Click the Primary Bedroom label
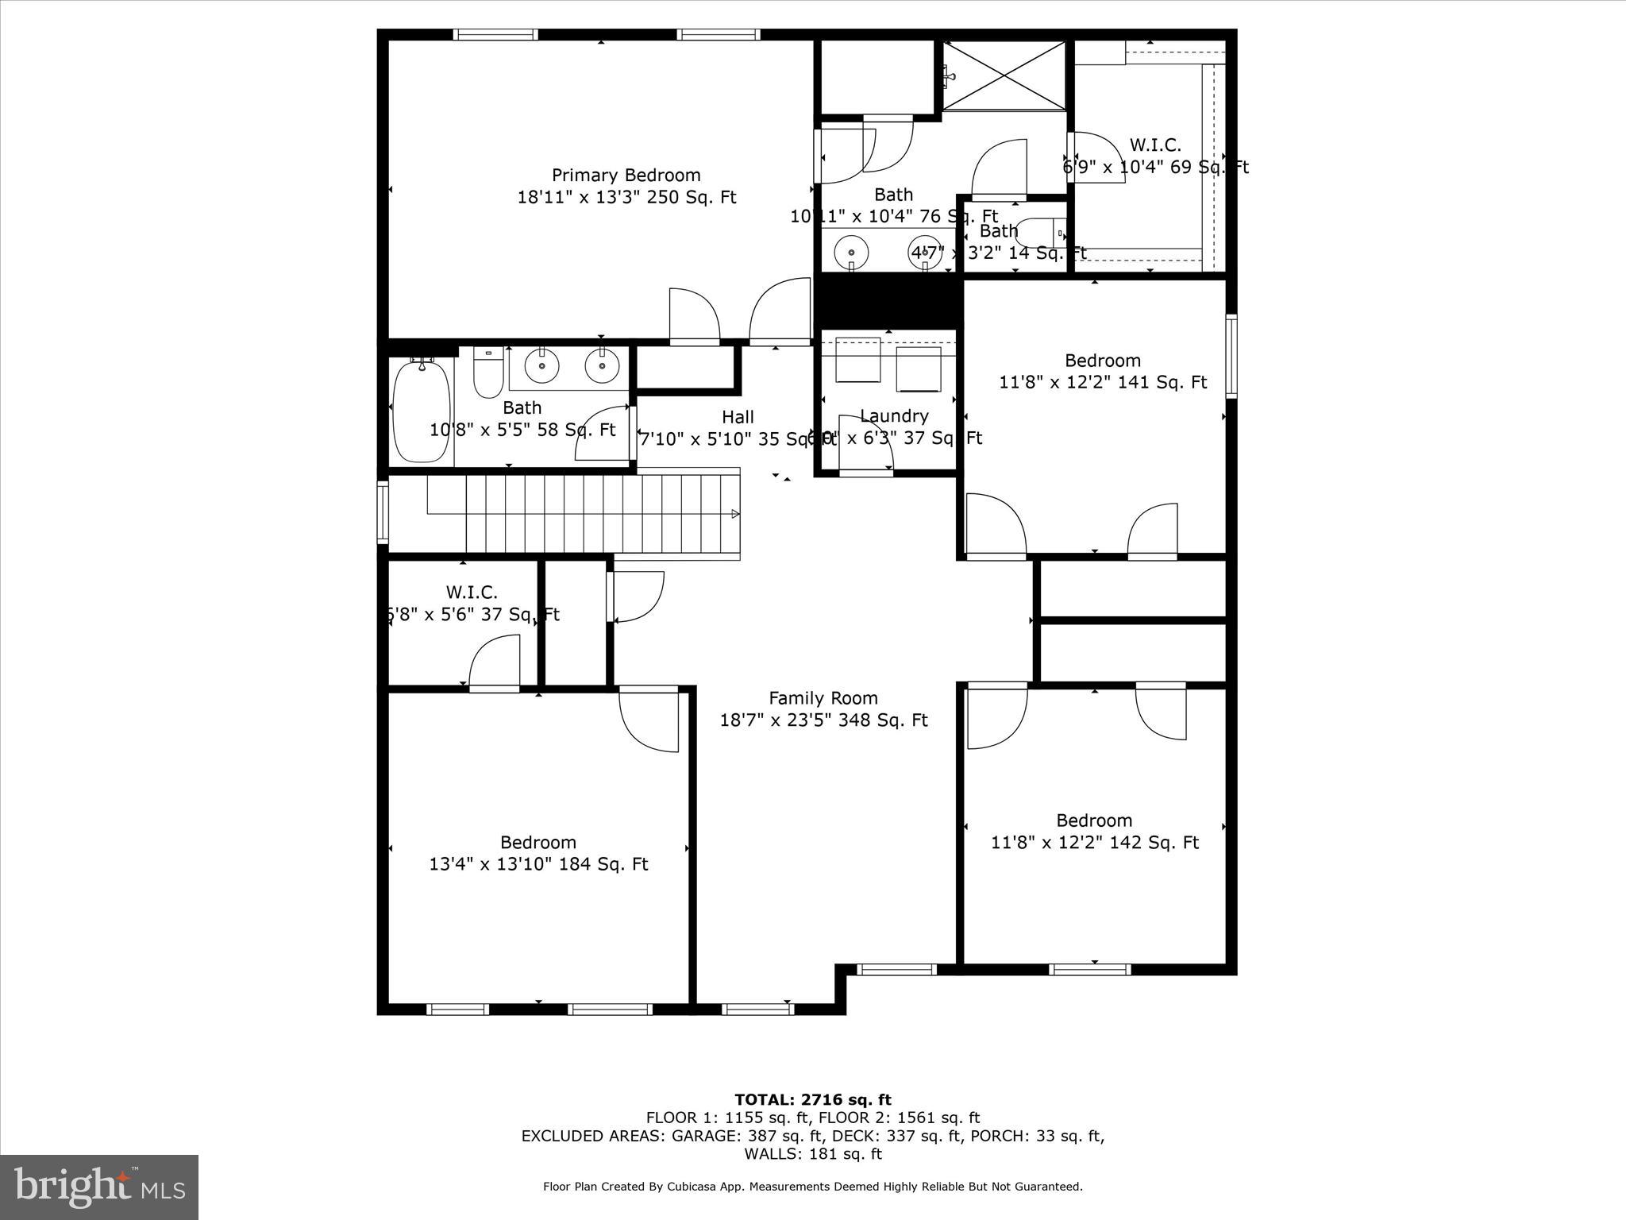click(x=626, y=176)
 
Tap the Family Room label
click(x=823, y=698)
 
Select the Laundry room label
click(x=894, y=416)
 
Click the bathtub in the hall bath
click(x=422, y=411)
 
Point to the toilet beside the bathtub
click(x=488, y=374)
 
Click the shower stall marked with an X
click(x=1004, y=75)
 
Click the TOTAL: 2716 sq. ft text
click(x=812, y=1099)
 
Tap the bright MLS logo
click(x=99, y=1187)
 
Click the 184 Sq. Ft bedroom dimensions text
click(x=538, y=864)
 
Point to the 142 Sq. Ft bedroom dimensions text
click(x=1094, y=843)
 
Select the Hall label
click(x=738, y=417)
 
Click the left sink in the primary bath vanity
click(x=851, y=252)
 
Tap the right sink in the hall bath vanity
click(x=602, y=365)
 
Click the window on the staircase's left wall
click(x=383, y=512)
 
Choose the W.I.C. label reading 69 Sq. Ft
click(x=1155, y=145)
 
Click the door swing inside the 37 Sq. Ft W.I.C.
click(x=494, y=663)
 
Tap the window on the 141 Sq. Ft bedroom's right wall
click(x=1231, y=355)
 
